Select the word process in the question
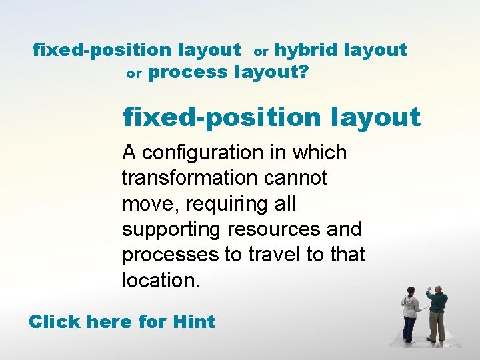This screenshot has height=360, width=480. pyautogui.click(x=187, y=72)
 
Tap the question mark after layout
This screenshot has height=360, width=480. pyautogui.click(x=304, y=72)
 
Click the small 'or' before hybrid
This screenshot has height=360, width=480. pyautogui.click(x=261, y=51)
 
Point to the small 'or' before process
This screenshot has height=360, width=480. pyautogui.click(x=134, y=74)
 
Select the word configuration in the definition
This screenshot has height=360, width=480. pyautogui.click(x=193, y=153)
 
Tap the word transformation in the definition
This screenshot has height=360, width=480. pyautogui.click(x=189, y=178)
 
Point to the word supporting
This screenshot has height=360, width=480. pyautogui.click(x=171, y=229)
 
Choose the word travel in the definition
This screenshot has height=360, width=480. pyautogui.click(x=287, y=254)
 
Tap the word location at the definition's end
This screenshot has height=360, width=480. pyautogui.click(x=160, y=279)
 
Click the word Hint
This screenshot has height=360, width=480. pyautogui.click(x=193, y=321)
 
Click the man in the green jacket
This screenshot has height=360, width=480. pyautogui.click(x=437, y=313)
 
